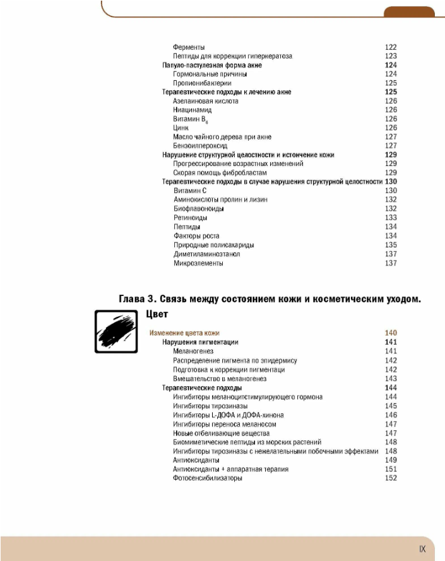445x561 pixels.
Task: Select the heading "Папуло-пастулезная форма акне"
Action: tap(212, 65)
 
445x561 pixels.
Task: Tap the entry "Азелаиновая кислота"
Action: tap(205, 101)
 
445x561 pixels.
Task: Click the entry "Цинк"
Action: tap(181, 128)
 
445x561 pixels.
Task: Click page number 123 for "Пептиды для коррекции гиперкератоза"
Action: tap(391, 56)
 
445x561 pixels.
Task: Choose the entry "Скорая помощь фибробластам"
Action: tap(220, 173)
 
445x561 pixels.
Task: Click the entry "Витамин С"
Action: tap(190, 191)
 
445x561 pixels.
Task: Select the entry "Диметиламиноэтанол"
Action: tap(206, 254)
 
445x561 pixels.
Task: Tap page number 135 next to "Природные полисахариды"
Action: tap(391, 245)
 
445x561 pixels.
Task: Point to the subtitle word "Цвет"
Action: tap(157, 314)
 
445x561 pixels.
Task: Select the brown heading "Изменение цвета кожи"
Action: tap(184, 333)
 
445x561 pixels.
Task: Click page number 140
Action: tap(391, 333)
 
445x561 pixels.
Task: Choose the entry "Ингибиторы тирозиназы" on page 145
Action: tap(210, 406)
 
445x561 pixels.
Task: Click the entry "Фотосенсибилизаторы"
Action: tap(207, 478)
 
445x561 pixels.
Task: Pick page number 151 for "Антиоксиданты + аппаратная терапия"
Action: tap(391, 469)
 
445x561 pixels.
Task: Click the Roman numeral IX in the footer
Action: tap(422, 549)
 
